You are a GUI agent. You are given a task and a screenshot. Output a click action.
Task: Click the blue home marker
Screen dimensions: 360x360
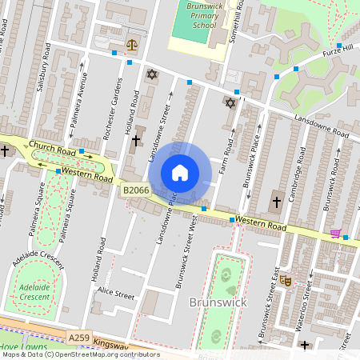pos(180,173)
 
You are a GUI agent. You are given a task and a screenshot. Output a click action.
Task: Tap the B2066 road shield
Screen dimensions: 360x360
pos(135,190)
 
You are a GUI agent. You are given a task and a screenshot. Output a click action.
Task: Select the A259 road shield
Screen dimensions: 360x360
pos(79,338)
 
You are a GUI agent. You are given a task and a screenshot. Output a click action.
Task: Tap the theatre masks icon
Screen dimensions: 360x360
pos(284,280)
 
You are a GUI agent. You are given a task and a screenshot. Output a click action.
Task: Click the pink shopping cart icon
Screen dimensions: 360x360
pos(335,234)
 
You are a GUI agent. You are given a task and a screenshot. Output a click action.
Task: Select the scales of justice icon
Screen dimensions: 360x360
pos(131,45)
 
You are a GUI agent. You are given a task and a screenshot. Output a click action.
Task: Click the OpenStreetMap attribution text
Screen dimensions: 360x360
pos(80,354)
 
